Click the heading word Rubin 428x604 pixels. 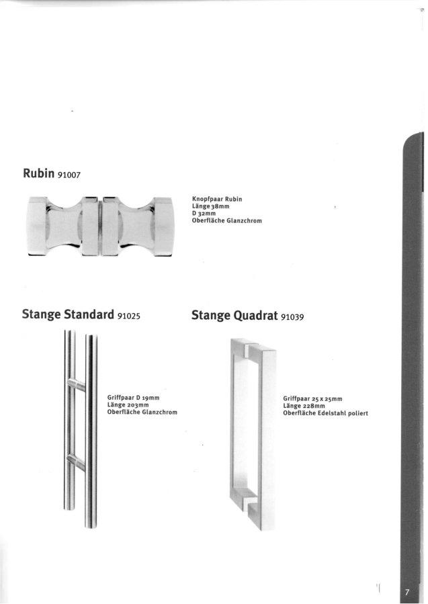tap(38, 173)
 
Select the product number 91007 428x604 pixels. tap(69, 175)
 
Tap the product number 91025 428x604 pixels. tap(129, 316)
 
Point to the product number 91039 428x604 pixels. tap(292, 317)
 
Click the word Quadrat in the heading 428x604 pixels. tap(255, 316)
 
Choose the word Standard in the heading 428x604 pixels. tap(89, 314)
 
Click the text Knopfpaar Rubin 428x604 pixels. tap(217, 199)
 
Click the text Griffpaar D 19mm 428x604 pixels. tap(133, 398)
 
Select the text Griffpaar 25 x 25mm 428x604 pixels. tap(312, 398)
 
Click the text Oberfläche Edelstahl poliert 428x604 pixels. tap(325, 413)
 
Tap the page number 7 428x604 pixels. tap(406, 592)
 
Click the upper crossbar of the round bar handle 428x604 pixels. tap(77, 384)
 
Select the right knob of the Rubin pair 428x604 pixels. tap(138, 226)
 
